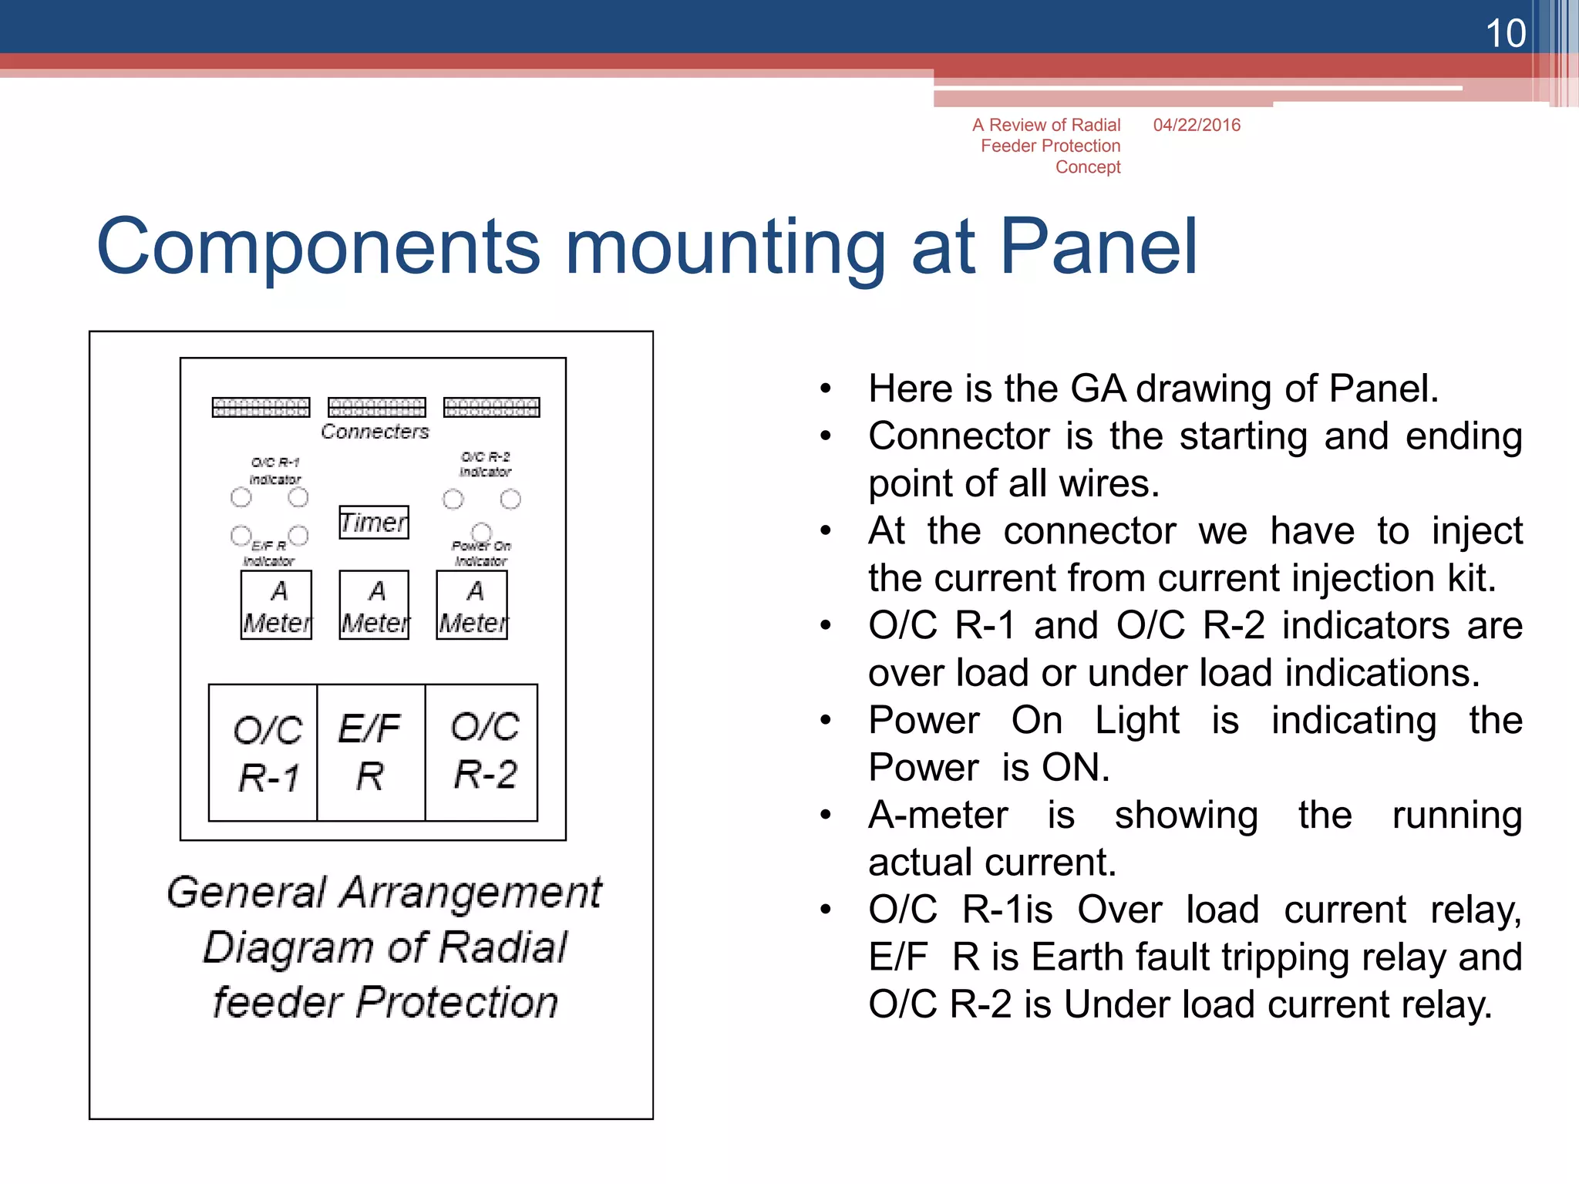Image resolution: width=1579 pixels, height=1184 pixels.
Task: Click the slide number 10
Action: pyautogui.click(x=1504, y=34)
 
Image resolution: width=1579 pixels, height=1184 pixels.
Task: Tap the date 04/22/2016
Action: pyautogui.click(x=1197, y=125)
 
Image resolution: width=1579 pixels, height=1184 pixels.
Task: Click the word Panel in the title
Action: pyautogui.click(x=1098, y=247)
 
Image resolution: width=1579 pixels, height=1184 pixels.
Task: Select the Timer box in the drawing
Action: pyautogui.click(x=374, y=523)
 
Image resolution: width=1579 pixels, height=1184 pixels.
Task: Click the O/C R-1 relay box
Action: pyautogui.click(x=264, y=753)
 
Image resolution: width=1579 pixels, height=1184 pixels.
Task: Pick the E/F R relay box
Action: pyautogui.click(x=371, y=753)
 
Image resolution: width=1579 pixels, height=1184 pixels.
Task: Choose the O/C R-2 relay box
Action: pyautogui.click(x=482, y=753)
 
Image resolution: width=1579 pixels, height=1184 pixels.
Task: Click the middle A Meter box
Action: pyautogui.click(x=375, y=606)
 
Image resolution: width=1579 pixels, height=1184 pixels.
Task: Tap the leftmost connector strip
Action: pyautogui.click(x=261, y=407)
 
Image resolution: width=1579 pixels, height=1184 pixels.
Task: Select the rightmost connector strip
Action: pyautogui.click(x=492, y=407)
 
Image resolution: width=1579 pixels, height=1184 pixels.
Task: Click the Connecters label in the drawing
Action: pyautogui.click(x=375, y=432)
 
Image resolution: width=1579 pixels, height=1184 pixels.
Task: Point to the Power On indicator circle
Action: pyautogui.click(x=481, y=531)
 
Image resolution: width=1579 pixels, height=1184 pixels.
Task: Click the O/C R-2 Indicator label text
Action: pyautogui.click(x=485, y=464)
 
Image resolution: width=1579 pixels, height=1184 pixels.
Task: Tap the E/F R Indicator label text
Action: pyautogui.click(x=268, y=553)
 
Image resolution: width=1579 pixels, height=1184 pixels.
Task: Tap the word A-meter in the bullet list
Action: pyautogui.click(x=938, y=816)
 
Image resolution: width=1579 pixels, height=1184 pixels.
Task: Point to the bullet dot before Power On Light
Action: pyautogui.click(x=826, y=721)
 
